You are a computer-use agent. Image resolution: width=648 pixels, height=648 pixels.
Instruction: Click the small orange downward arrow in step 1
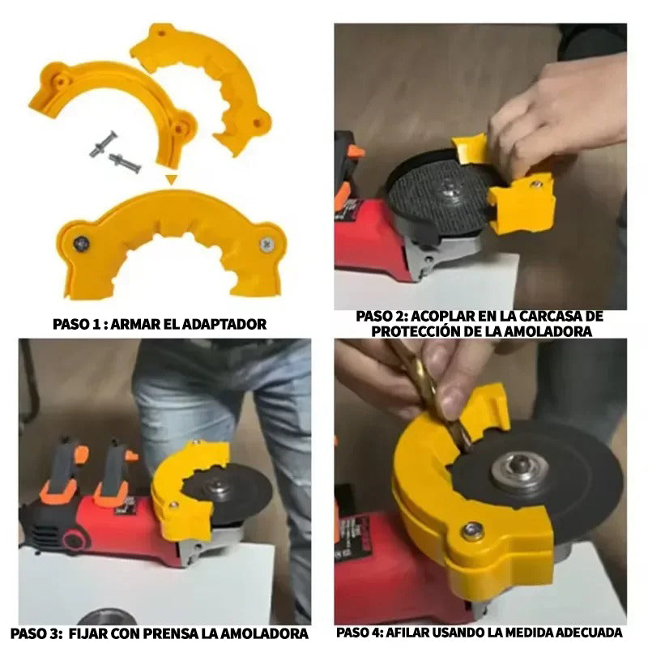tap(172, 179)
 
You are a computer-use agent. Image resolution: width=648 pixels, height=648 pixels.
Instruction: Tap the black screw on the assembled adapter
tap(82, 244)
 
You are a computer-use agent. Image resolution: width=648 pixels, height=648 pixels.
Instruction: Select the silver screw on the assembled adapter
tap(267, 245)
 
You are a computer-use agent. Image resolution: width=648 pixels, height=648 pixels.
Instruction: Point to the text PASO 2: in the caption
tap(382, 317)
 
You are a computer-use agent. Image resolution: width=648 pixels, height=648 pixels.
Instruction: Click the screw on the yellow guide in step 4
tap(472, 531)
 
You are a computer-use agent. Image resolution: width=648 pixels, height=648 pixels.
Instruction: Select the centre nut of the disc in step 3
tap(216, 488)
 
